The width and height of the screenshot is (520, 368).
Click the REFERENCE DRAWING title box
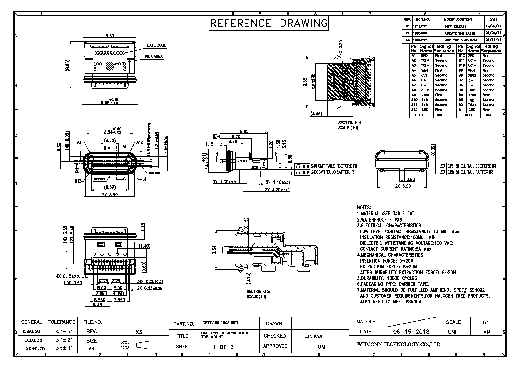(269, 23)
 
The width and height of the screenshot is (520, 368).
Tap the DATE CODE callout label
(156, 45)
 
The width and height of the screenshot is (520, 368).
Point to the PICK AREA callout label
(154, 57)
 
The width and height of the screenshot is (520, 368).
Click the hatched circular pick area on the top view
(110, 66)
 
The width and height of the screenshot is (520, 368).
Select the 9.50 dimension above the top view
(110, 36)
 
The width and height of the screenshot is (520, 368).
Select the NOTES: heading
(364, 207)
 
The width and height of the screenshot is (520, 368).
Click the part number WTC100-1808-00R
(221, 323)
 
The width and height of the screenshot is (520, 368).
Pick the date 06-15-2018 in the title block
(411, 332)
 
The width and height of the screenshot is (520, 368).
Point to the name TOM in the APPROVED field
(320, 347)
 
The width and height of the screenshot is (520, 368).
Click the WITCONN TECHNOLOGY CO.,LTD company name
(399, 344)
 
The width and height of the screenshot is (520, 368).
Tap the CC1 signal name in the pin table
(424, 75)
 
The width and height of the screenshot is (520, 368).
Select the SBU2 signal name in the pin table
(472, 75)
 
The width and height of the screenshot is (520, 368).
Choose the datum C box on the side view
(215, 136)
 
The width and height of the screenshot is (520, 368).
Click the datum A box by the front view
(77, 170)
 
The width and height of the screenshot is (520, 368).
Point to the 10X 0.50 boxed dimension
(73, 283)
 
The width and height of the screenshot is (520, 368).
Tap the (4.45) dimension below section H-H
(316, 114)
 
